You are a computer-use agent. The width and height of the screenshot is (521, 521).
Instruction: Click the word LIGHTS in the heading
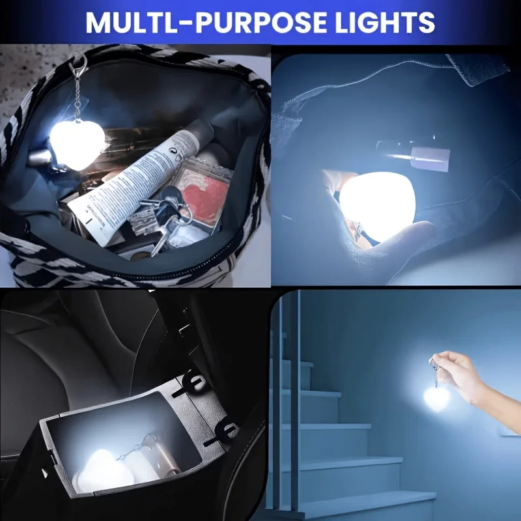pos(385,22)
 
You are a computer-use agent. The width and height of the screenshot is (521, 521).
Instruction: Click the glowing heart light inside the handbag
pos(77,145)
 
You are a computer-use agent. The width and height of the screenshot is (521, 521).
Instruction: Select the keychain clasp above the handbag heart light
pos(78,64)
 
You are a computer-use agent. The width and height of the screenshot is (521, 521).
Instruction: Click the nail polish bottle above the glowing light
pos(413,154)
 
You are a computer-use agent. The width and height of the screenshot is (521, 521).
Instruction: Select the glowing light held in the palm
pos(378,205)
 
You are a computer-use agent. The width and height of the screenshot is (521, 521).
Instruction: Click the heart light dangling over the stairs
pos(436,398)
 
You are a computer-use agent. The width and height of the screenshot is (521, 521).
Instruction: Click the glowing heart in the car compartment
pos(100,469)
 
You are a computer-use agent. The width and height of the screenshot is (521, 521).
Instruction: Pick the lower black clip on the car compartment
pos(221,432)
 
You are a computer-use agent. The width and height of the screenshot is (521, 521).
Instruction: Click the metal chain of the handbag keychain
pos(77,96)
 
